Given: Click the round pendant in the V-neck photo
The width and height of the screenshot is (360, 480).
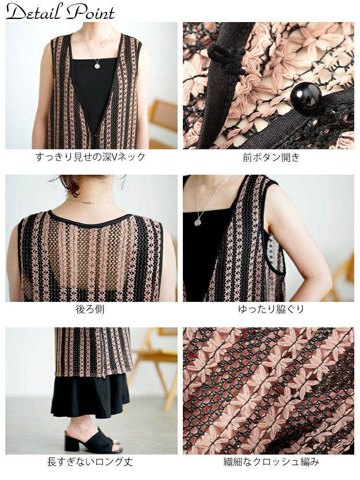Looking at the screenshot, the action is [97, 66].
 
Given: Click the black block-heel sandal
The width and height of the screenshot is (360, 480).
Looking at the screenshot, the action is [92, 440].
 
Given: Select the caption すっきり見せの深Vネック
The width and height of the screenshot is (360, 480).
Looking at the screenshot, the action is [90, 157].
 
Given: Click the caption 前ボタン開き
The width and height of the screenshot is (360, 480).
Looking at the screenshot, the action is [271, 157].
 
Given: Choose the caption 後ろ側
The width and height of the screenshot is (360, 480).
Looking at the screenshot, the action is [90, 309].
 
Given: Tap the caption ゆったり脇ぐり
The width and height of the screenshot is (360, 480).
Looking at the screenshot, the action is [271, 309].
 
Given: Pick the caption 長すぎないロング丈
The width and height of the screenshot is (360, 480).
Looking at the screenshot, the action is [90, 462].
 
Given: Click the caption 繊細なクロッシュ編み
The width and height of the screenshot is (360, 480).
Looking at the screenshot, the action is [271, 462].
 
